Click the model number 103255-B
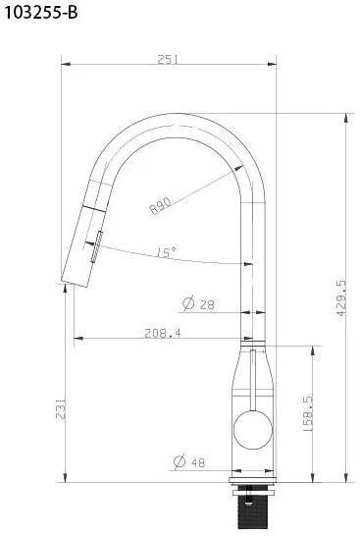point(40,13)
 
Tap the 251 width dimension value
point(168,60)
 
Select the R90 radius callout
point(161,206)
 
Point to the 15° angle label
point(167,252)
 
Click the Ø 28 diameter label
point(199,303)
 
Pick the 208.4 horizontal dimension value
point(163,333)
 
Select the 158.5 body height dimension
point(308,413)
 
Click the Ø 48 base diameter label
point(189,462)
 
